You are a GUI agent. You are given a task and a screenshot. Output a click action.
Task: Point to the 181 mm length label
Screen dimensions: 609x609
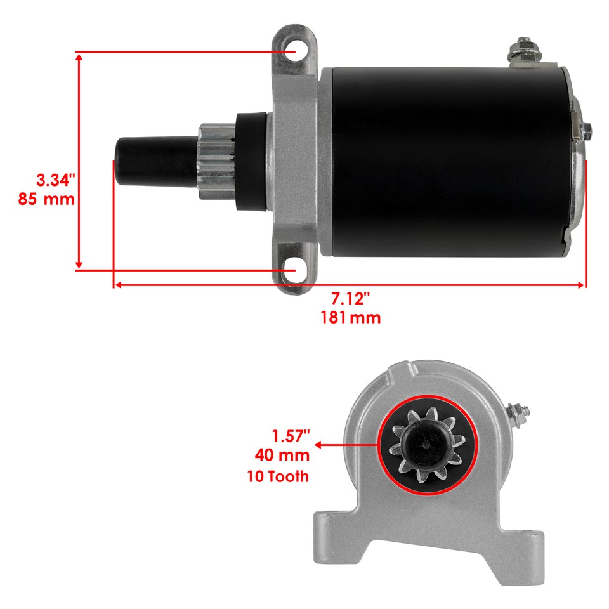(x=351, y=317)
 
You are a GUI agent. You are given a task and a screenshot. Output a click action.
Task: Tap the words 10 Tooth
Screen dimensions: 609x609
(x=278, y=476)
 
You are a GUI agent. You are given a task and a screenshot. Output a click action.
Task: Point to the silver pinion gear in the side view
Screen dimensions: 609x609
(x=216, y=162)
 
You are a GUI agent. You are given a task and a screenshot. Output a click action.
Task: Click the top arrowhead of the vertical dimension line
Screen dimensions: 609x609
(x=79, y=56)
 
